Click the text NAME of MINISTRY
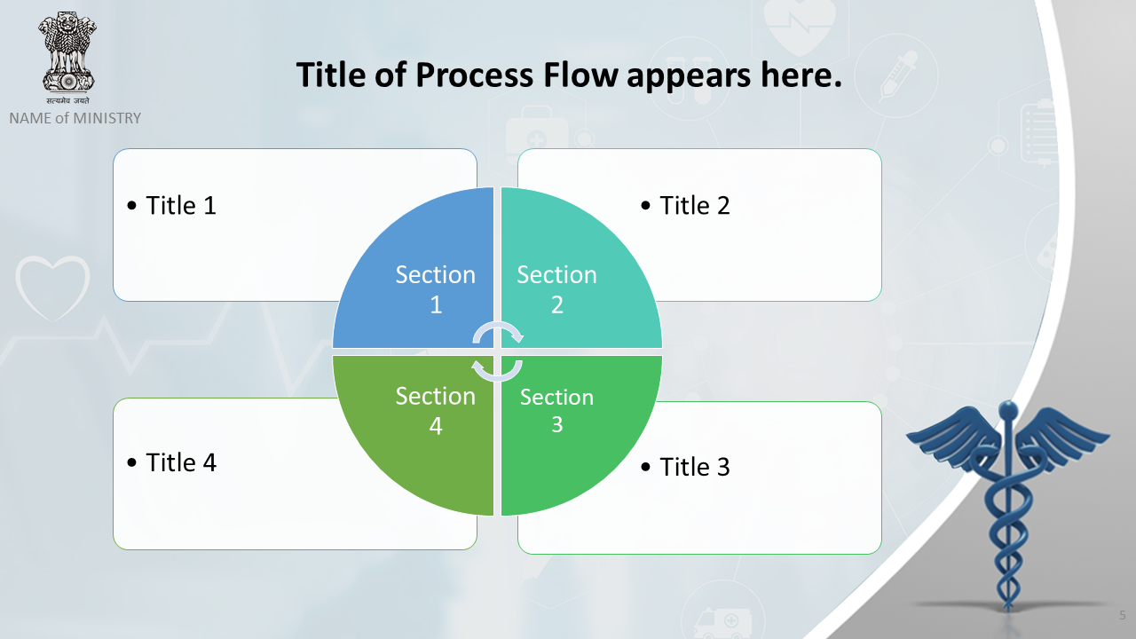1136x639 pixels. pos(75,118)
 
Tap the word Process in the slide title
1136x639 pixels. pos(475,76)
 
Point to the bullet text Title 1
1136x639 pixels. pos(181,205)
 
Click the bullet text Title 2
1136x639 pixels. pos(695,205)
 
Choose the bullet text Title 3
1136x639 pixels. pos(695,467)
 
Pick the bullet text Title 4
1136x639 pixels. pos(181,462)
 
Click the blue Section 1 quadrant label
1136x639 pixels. pos(436,289)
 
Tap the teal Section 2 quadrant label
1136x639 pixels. pos(556,289)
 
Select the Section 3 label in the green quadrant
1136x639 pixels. pos(556,410)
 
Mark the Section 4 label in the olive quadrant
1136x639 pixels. pos(436,410)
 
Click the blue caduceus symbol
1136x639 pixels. pos(1008,502)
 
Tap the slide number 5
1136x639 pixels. pos(1123,615)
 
